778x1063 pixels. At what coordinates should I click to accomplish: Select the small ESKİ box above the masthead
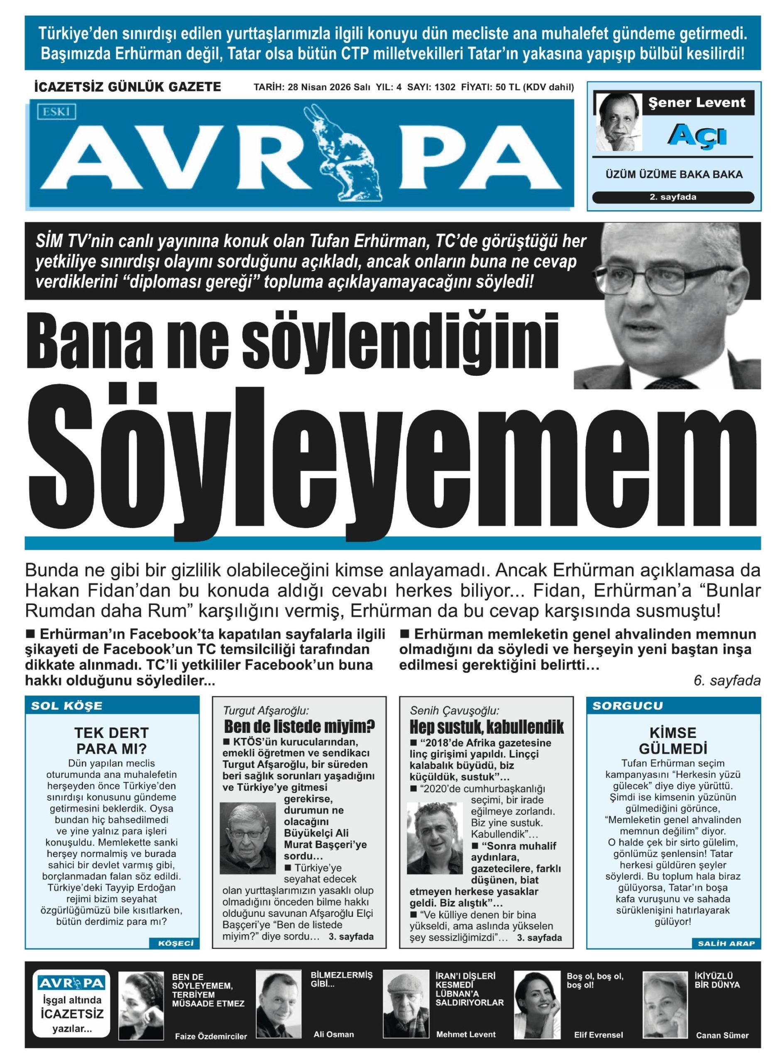pos(56,112)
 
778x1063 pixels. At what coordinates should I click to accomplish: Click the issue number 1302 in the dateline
pos(445,87)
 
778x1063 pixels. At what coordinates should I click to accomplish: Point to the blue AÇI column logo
pos(697,135)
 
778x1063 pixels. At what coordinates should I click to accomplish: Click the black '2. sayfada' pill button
pos(673,197)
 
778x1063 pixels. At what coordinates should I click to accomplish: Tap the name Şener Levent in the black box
pos(697,103)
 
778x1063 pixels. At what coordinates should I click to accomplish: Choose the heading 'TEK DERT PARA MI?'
pos(112,740)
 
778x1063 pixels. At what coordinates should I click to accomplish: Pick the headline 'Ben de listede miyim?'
pos(299,726)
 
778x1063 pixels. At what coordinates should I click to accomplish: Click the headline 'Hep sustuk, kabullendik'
pos(487,727)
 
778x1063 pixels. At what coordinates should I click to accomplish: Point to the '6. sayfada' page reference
pos(727,681)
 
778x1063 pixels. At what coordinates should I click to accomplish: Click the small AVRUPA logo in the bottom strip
pos(71,983)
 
